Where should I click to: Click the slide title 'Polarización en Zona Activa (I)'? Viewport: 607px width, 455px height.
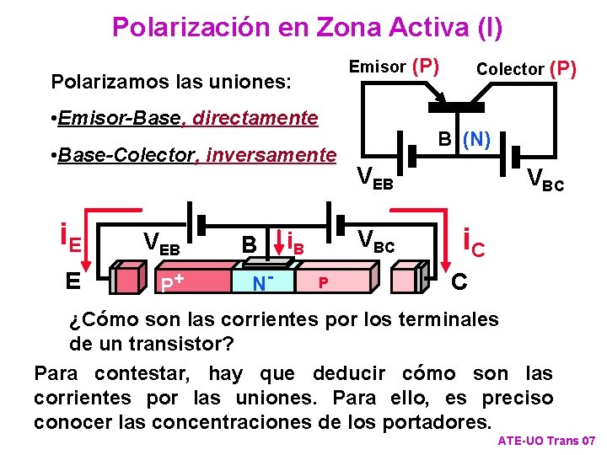[x=307, y=27]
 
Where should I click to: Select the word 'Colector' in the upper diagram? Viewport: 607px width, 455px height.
[x=509, y=69]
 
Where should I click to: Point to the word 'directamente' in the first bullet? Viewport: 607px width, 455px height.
[x=255, y=118]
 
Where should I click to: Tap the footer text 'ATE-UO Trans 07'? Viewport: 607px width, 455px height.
[x=546, y=442]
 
